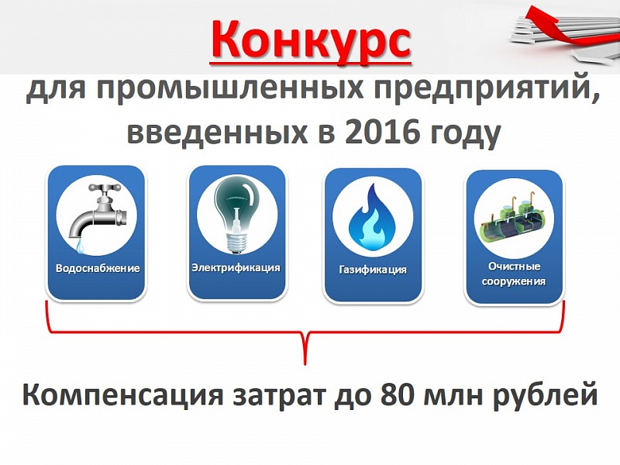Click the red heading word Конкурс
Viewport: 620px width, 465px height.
pyautogui.click(x=311, y=40)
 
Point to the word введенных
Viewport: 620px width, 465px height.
pyautogui.click(x=217, y=132)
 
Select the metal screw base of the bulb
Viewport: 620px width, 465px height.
pyautogui.click(x=236, y=242)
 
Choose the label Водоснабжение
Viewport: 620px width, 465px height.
pyautogui.click(x=98, y=268)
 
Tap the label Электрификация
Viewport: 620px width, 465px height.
pyautogui.click(x=236, y=267)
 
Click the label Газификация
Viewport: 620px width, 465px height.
pyautogui.click(x=373, y=270)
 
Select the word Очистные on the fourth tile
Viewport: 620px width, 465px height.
pyautogui.click(x=514, y=266)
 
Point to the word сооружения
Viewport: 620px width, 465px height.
pyautogui.click(x=514, y=281)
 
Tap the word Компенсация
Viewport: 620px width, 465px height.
pyautogui.click(x=122, y=395)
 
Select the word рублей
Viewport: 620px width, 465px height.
pyautogui.click(x=546, y=394)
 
